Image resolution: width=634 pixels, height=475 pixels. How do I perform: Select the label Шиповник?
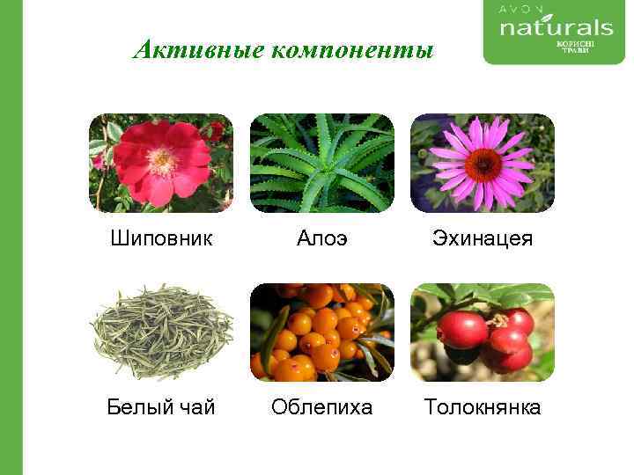pyautogui.click(x=161, y=238)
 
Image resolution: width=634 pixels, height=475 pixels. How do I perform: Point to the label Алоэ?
pyautogui.click(x=321, y=238)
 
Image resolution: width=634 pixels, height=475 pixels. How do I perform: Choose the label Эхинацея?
pyautogui.click(x=483, y=238)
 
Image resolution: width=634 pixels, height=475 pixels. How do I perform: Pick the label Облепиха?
pyautogui.click(x=321, y=407)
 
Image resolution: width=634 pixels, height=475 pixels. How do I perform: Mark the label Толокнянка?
pyautogui.click(x=483, y=407)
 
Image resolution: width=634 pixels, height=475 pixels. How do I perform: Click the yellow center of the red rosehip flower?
pyautogui.click(x=162, y=160)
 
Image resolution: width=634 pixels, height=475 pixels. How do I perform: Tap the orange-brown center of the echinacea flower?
pyautogui.click(x=483, y=164)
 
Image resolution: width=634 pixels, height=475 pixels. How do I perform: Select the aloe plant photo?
pyautogui.click(x=322, y=163)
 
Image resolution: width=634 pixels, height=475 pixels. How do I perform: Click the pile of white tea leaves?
pyautogui.click(x=161, y=332)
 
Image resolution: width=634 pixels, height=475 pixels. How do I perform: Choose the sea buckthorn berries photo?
pyautogui.click(x=322, y=332)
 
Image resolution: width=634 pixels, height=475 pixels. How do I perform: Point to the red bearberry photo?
pyautogui.click(x=483, y=332)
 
